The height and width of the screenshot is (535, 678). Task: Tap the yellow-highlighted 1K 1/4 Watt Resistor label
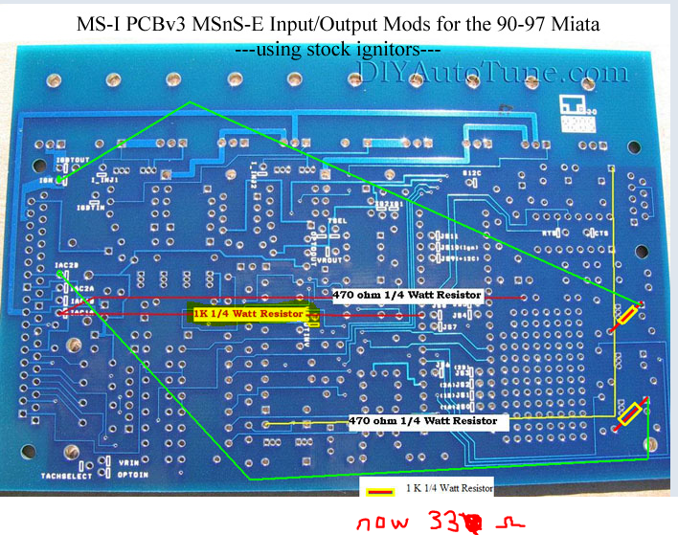pyautogui.click(x=248, y=313)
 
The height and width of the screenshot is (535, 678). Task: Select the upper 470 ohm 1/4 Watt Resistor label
pyautogui.click(x=407, y=295)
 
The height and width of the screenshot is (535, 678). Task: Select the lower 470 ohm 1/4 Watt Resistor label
pyautogui.click(x=422, y=420)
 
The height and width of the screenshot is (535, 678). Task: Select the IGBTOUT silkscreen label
pyautogui.click(x=74, y=159)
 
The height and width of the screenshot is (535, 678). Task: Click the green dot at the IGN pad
pyautogui.click(x=59, y=178)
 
